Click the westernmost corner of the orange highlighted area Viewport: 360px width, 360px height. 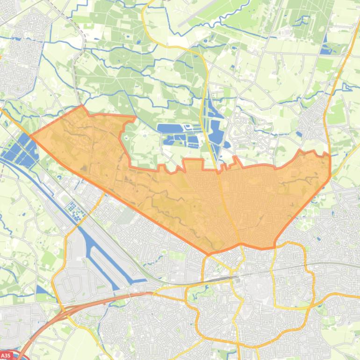click(30, 136)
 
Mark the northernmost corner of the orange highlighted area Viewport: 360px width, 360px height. click(83, 106)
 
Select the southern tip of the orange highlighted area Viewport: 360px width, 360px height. click(209, 254)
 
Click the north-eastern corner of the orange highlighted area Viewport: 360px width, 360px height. click(329, 155)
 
